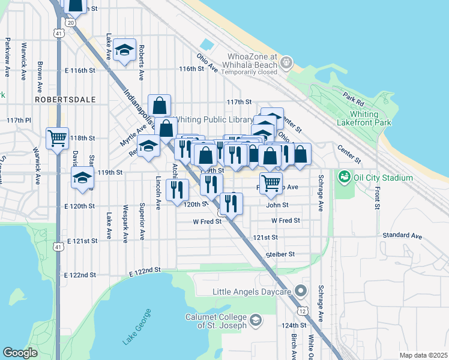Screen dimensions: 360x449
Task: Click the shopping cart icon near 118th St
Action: click(58, 138)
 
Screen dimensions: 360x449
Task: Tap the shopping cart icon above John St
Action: click(271, 182)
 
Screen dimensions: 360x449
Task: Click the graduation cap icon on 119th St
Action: click(82, 177)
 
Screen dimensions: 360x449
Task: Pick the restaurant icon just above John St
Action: click(231, 204)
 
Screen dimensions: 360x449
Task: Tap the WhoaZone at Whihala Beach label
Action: click(249, 61)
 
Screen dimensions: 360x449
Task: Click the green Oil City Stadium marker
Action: click(344, 178)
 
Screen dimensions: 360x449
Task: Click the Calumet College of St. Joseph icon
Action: click(256, 320)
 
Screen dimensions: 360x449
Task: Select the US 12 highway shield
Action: click(301, 311)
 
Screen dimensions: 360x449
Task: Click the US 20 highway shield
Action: click(71, 22)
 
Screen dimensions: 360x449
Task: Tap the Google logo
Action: click(20, 352)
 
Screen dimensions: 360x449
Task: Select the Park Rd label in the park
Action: click(354, 97)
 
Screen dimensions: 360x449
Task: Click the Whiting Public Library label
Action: click(213, 119)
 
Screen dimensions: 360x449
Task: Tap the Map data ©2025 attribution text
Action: click(423, 355)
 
